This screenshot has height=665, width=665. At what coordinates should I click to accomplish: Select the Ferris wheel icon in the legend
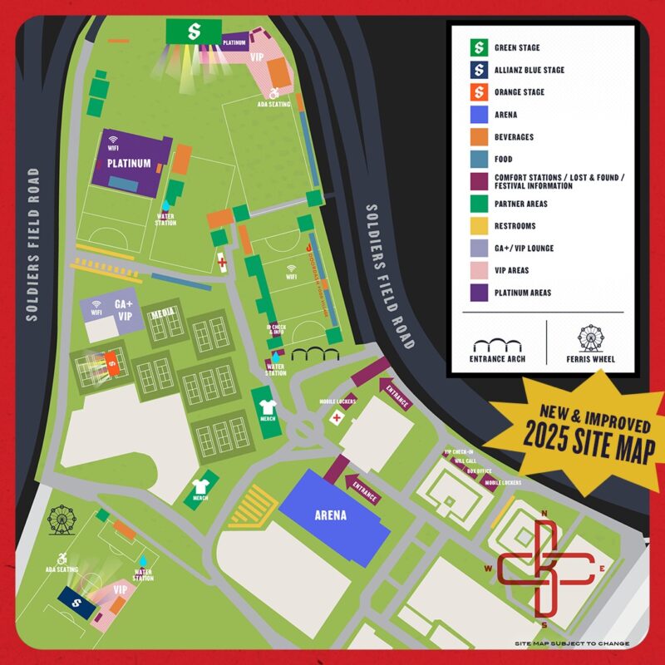click(x=590, y=339)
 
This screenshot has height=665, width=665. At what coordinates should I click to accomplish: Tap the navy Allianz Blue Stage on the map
click(x=77, y=602)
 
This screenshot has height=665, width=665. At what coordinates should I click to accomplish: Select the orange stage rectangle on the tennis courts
click(x=110, y=362)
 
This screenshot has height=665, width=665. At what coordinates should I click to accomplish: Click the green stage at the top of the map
click(x=193, y=32)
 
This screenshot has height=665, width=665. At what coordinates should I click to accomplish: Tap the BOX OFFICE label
click(x=479, y=471)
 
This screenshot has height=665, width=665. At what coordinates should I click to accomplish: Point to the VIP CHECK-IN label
click(x=458, y=451)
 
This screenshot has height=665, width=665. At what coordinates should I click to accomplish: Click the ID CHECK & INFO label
click(x=275, y=330)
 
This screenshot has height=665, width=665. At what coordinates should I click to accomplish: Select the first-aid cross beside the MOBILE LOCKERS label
click(x=336, y=416)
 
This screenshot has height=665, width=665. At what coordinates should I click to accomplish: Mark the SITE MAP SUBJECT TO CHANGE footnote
click(x=571, y=643)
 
